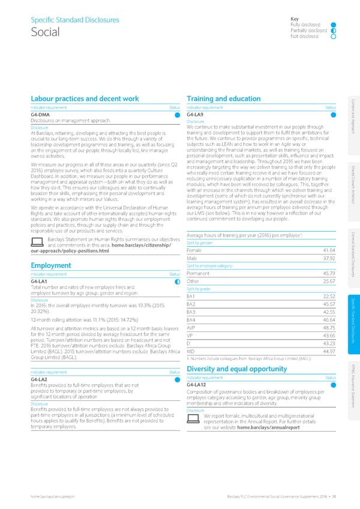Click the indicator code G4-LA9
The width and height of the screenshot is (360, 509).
[x=197, y=114]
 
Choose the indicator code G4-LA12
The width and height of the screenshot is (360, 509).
[x=198, y=368]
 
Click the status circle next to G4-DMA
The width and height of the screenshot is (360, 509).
[x=178, y=114]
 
